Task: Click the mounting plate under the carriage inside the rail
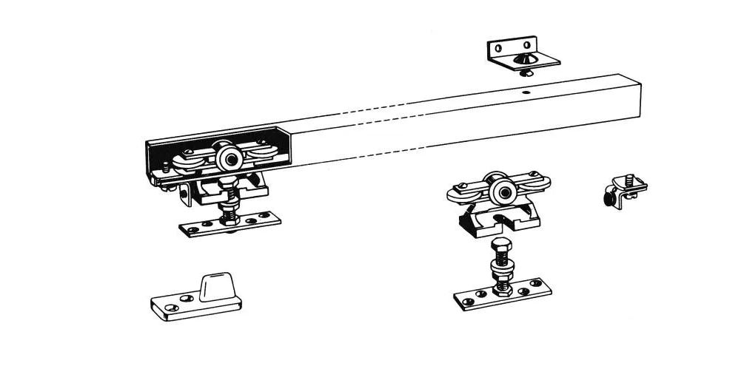coord(229,223)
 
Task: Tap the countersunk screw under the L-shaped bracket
coord(527,72)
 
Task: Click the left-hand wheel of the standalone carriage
coord(463,194)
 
